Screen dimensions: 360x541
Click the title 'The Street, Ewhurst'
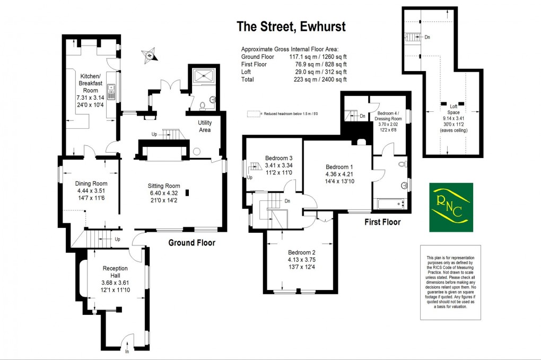point(291,26)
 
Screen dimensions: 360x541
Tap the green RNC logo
point(451,207)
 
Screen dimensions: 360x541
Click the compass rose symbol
point(150,54)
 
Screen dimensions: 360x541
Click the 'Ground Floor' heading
point(192,243)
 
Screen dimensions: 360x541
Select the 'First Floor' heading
point(382,222)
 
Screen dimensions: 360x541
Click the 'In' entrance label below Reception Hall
point(127,351)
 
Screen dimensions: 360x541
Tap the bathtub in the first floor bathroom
point(390,204)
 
